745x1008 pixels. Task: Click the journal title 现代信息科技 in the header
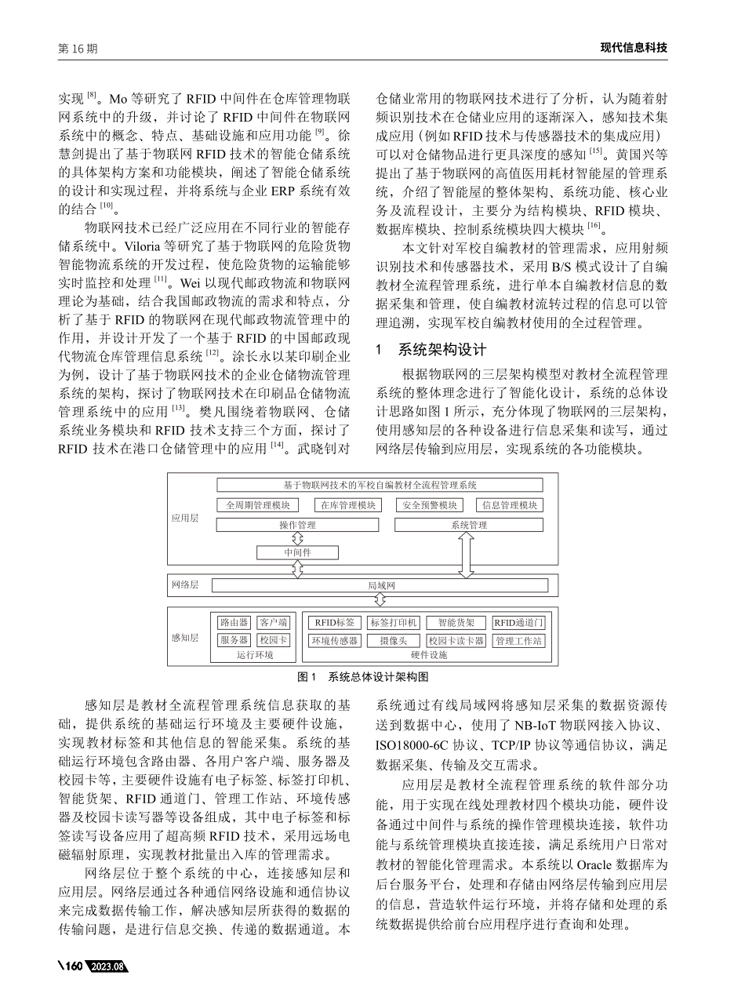[x=633, y=48]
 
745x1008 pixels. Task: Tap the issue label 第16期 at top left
[x=78, y=49]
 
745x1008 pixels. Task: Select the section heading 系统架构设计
[x=443, y=349]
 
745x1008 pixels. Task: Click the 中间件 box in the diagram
[x=297, y=552]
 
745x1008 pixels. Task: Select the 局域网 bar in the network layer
[x=380, y=585]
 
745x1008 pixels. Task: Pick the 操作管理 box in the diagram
[x=297, y=525]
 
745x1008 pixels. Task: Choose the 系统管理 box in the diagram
[x=469, y=525]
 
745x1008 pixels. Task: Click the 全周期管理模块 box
[x=258, y=505]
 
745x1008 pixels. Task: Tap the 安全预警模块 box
[x=429, y=505]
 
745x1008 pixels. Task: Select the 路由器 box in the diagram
[x=234, y=622]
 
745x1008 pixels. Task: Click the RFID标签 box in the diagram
[x=333, y=622]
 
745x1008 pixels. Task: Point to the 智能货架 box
[x=456, y=622]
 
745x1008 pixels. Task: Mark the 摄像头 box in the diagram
[x=393, y=641]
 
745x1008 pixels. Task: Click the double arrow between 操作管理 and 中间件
[x=297, y=539]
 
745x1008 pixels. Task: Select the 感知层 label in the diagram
[x=185, y=638]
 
